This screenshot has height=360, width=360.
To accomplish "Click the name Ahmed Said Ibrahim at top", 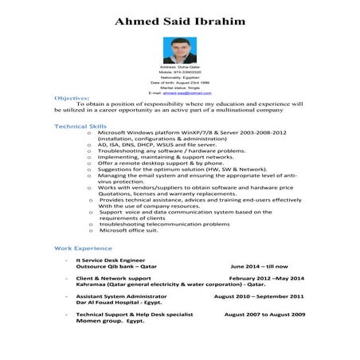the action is pos(179,20).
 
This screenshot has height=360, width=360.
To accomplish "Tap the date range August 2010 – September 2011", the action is pos(258,296).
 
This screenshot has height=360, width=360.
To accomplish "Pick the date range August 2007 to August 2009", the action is pos(264,315).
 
